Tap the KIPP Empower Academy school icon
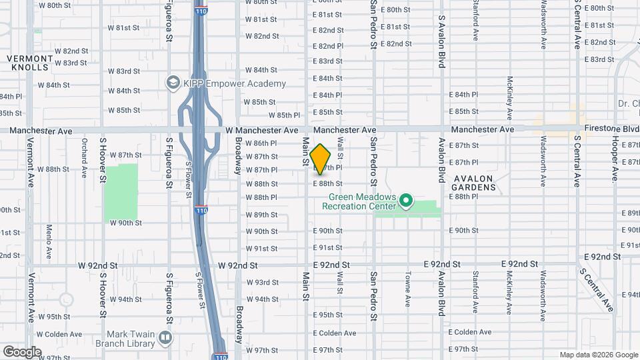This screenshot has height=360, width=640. coord(173,83)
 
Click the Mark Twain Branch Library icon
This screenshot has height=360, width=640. coord(165,338)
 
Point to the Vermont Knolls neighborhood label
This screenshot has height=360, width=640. coord(28,63)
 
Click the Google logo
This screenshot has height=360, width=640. coord(22,351)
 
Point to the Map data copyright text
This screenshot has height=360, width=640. coord(598,355)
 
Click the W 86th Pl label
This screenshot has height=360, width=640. coord(261,143)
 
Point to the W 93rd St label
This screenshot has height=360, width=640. coord(262,282)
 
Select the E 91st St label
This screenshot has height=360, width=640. coord(327,247)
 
